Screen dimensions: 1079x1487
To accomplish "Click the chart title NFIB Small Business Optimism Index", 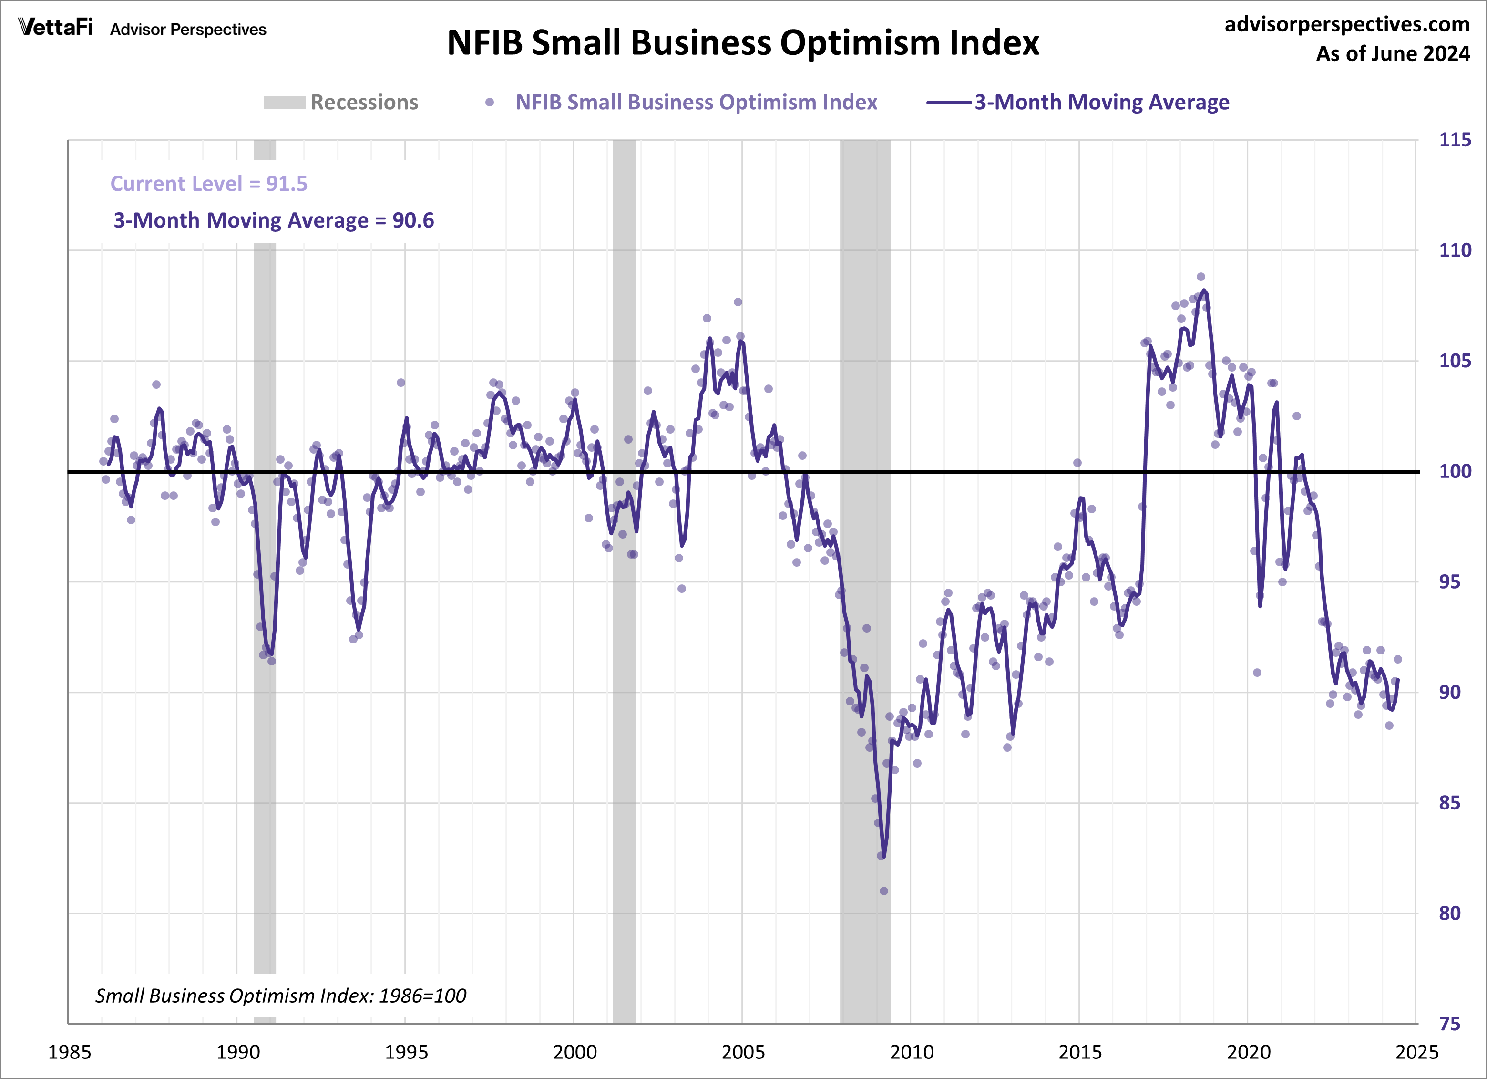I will (x=743, y=43).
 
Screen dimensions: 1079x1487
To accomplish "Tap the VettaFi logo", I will (x=56, y=28).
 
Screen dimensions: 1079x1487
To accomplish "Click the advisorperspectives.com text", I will (x=1347, y=24).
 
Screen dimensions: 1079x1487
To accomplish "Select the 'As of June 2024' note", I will (x=1393, y=54).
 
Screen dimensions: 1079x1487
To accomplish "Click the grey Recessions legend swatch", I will (x=285, y=103).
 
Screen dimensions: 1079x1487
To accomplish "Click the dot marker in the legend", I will (x=489, y=103).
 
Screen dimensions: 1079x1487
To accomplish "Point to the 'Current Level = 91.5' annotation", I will (x=208, y=184).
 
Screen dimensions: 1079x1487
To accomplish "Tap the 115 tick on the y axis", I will (x=1454, y=140).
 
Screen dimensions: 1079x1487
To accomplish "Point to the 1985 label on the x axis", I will (x=70, y=1052).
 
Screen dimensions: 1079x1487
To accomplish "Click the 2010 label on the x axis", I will (x=912, y=1052).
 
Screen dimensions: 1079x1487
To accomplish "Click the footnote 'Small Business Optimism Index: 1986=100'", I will (x=281, y=996).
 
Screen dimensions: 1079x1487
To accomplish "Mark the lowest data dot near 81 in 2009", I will (x=884, y=891).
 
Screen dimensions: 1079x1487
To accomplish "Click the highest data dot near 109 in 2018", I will (x=1200, y=277).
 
